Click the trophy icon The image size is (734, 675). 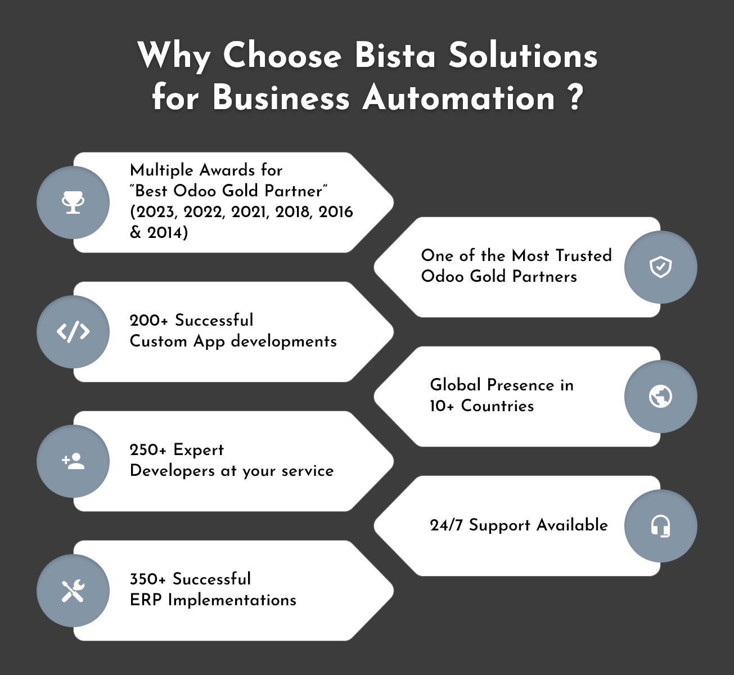pyautogui.click(x=73, y=202)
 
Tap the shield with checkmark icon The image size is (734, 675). pyautogui.click(x=660, y=267)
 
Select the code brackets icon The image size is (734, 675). pyautogui.click(x=73, y=332)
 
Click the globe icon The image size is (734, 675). pyautogui.click(x=660, y=397)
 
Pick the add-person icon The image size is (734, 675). pyautogui.click(x=73, y=461)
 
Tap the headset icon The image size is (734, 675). pyautogui.click(x=660, y=526)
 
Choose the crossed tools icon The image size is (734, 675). pyautogui.click(x=73, y=591)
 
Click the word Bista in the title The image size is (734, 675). pyautogui.click(x=395, y=56)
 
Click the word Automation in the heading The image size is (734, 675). pyautogui.click(x=459, y=98)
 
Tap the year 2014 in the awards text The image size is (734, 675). pyautogui.click(x=167, y=233)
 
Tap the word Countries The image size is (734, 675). pyautogui.click(x=497, y=406)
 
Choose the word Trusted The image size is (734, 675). pyautogui.click(x=584, y=255)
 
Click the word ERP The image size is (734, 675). pyautogui.click(x=146, y=600)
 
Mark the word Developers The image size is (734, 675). pyautogui.click(x=172, y=471)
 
